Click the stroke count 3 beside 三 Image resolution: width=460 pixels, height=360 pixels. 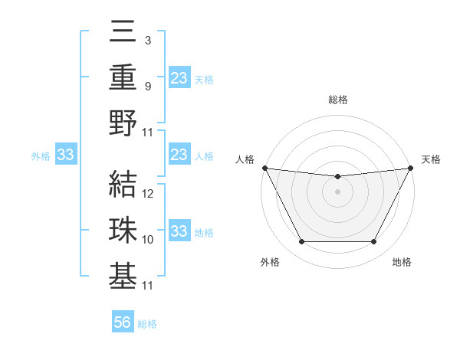coord(147,40)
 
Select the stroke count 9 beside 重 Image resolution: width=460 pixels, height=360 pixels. coord(147,86)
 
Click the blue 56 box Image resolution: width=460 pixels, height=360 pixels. coord(123,322)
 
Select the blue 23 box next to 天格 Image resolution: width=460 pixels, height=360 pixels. coord(179,77)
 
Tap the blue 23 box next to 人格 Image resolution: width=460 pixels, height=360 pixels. coord(179,155)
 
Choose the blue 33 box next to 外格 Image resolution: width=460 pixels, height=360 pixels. coord(65,155)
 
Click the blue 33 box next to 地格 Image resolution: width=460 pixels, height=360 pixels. coord(179,231)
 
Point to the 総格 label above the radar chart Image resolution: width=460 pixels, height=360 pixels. coord(337,100)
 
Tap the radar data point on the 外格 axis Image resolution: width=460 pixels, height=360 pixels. coord(301,242)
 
